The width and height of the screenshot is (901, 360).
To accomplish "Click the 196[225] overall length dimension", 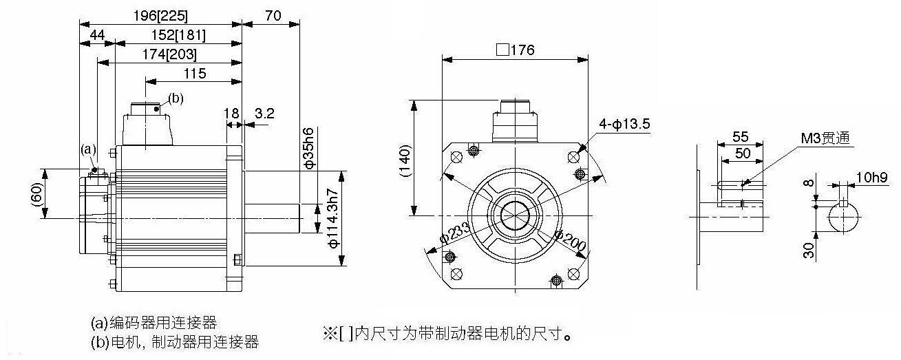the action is tap(160, 16).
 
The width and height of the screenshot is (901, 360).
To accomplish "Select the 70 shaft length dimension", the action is tap(273, 16).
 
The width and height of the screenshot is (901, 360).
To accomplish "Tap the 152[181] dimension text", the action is tap(178, 35).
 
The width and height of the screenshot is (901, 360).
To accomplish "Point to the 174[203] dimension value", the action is tap(169, 54).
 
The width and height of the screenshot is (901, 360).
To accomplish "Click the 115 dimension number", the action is tap(195, 74).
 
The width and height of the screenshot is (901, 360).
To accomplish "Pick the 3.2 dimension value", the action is tap(264, 114).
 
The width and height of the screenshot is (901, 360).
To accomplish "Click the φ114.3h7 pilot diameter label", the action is tap(334, 218).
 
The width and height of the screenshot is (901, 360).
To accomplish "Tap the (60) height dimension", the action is tap(36, 195).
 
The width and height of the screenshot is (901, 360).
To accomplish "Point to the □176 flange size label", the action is tap(516, 50).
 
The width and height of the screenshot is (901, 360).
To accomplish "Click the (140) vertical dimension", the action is tap(405, 160).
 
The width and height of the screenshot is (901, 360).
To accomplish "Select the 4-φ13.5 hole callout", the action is tap(624, 124).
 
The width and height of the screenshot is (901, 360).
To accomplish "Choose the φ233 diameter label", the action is tap(455, 233).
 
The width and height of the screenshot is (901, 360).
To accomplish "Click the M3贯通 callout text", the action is tap(825, 138).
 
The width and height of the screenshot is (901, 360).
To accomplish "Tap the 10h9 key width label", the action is tap(871, 178).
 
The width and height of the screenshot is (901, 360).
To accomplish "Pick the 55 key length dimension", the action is tap(740, 137).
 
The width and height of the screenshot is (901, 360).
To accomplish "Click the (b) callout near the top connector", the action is tap(176, 98).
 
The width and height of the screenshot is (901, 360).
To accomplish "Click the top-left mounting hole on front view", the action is tap(457, 157).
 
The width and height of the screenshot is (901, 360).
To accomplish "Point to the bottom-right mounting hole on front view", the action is tap(573, 275).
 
